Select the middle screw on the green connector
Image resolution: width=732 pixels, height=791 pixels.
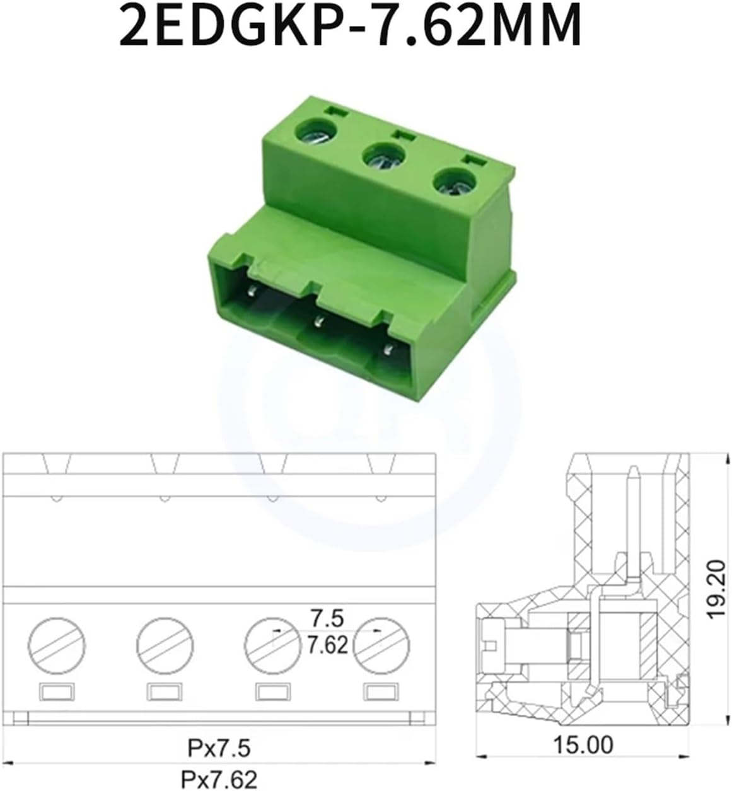point(382,159)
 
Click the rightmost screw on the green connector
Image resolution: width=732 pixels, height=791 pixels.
point(452,183)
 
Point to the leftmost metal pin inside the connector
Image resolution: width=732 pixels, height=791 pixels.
point(253,291)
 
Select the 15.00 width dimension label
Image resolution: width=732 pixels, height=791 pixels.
point(583,745)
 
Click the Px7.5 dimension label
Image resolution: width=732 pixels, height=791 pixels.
point(219,748)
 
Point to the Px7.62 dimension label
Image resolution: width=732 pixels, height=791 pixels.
point(219,779)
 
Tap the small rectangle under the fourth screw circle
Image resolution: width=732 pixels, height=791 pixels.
point(381,692)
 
